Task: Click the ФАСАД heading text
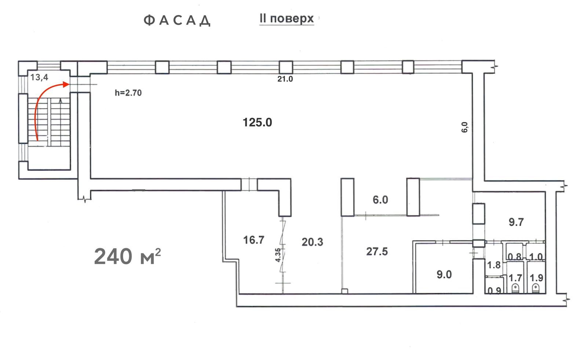(177, 21)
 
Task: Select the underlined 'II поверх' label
(287, 19)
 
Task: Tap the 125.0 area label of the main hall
(257, 122)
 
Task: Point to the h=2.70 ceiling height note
(128, 93)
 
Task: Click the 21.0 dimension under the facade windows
(285, 79)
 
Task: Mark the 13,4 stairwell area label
(39, 77)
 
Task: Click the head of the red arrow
(66, 84)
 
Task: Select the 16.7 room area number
(254, 240)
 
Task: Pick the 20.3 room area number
(312, 242)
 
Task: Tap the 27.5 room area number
(377, 251)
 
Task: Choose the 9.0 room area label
(444, 274)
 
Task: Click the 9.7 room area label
(516, 222)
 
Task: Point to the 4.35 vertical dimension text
(278, 255)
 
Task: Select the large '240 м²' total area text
(127, 256)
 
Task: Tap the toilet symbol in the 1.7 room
(515, 288)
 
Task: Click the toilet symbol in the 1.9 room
(536, 288)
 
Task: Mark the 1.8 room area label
(494, 265)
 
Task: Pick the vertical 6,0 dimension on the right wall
(464, 127)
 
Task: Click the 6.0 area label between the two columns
(380, 200)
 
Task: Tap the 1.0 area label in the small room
(536, 257)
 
